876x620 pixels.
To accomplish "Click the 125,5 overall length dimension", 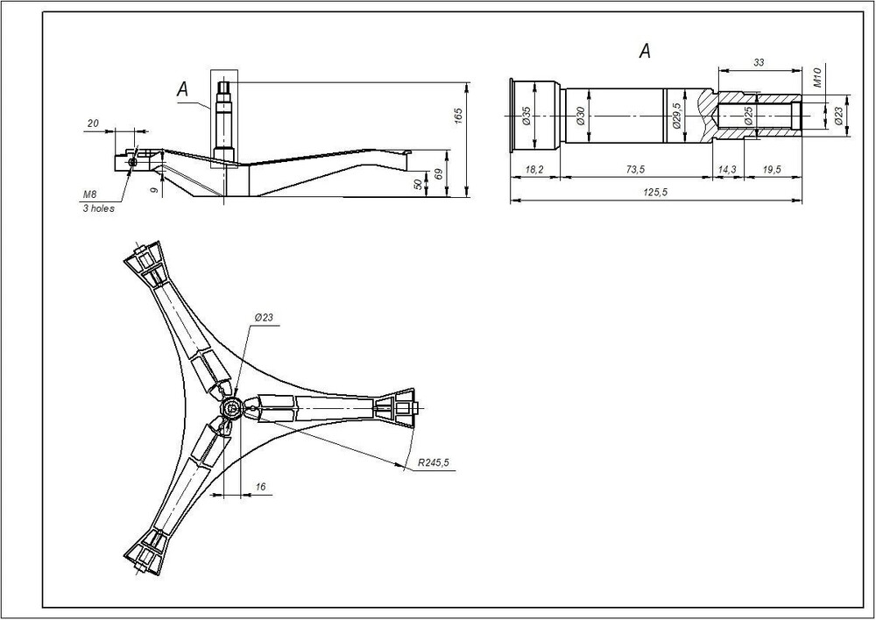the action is (x=655, y=192).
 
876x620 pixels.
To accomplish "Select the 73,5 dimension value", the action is (x=635, y=170).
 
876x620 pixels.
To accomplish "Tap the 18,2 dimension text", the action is (x=534, y=170).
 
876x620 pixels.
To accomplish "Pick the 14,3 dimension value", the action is (x=728, y=170).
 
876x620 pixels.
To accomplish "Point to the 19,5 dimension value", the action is (x=772, y=170).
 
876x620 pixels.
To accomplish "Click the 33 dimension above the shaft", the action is (x=759, y=62).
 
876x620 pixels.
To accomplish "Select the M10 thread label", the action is (x=816, y=78).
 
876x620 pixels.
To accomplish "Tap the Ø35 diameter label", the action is (x=526, y=116).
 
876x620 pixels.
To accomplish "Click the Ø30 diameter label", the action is (x=580, y=116).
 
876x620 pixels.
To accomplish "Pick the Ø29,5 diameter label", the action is (x=676, y=116).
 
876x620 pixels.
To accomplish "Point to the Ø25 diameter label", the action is (x=749, y=116).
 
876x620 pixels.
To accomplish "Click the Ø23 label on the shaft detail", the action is (x=838, y=116).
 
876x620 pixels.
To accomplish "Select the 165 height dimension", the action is (x=459, y=116).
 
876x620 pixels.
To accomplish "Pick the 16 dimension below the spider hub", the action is (x=260, y=487).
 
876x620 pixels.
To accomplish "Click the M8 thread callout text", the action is (x=90, y=194).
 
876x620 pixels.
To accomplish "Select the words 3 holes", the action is (x=98, y=208).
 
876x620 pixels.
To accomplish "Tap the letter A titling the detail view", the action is (x=645, y=52).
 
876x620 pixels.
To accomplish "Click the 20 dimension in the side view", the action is (x=94, y=123).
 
